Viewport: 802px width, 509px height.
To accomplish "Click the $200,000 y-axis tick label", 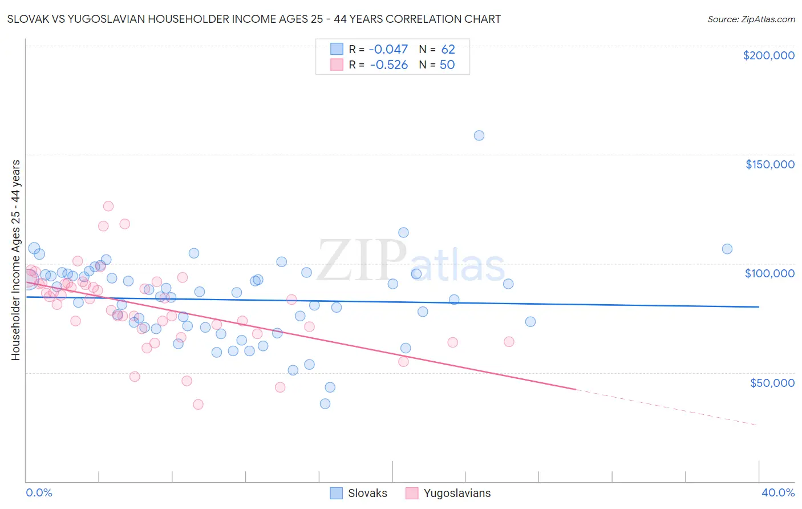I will (x=768, y=55).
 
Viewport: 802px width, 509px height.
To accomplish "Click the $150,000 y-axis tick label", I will (x=769, y=164).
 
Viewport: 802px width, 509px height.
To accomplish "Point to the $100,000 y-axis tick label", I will (x=769, y=273).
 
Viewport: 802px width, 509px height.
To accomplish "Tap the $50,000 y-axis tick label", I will (x=772, y=382).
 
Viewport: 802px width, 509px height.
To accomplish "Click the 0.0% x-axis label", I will (x=39, y=492).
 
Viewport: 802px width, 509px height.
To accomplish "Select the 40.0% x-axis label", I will (x=777, y=492).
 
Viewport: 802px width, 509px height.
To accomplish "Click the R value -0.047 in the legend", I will (x=388, y=50).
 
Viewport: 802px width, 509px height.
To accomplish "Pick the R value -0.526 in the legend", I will (x=388, y=65).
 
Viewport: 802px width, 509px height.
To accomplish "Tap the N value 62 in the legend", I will (x=448, y=50).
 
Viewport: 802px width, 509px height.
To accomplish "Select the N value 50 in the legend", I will (x=447, y=65).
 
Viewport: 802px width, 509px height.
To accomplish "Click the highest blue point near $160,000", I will (x=479, y=136).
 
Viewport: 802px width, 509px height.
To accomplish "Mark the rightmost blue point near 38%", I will (x=727, y=249).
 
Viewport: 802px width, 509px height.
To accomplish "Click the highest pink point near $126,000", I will (x=108, y=206).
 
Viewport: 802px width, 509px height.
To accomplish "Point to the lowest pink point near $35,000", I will (x=198, y=404).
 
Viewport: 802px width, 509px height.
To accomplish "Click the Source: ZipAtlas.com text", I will (x=751, y=19).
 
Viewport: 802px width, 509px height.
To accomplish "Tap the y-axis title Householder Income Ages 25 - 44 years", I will (x=15, y=260).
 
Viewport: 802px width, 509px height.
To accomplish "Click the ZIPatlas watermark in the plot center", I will (x=411, y=261).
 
